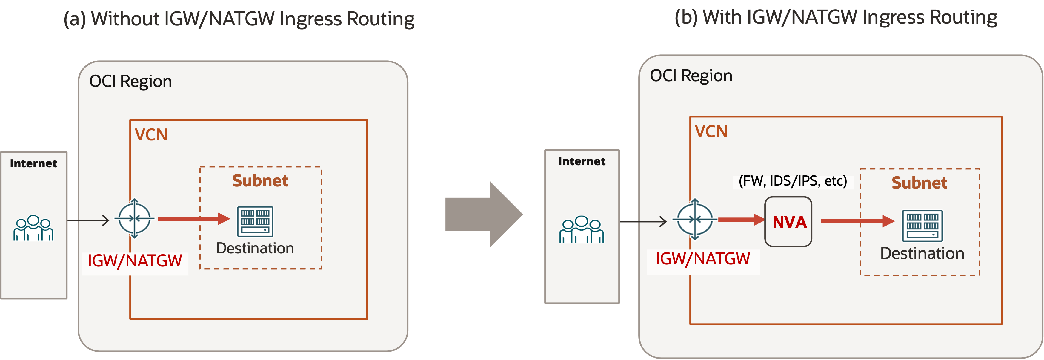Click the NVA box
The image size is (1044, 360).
pyautogui.click(x=788, y=222)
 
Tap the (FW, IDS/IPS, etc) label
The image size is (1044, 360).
pyautogui.click(x=793, y=181)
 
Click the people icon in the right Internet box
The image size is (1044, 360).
pyautogui.click(x=582, y=230)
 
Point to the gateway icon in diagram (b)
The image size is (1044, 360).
pyautogui.click(x=695, y=219)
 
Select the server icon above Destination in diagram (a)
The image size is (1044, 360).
pyautogui.click(x=255, y=222)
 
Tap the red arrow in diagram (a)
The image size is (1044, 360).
pyautogui.click(x=193, y=218)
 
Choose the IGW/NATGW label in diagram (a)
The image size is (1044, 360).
pyautogui.click(x=135, y=261)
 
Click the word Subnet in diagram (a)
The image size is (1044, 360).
pyautogui.click(x=260, y=181)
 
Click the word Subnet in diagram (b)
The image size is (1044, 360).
pyautogui.click(x=919, y=183)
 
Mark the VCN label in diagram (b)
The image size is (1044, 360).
pyautogui.click(x=711, y=132)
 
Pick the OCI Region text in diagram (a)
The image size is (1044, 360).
pyautogui.click(x=130, y=82)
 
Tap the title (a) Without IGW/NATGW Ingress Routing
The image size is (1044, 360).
pyautogui.click(x=239, y=19)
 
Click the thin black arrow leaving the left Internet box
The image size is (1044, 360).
pyautogui.click(x=88, y=220)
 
